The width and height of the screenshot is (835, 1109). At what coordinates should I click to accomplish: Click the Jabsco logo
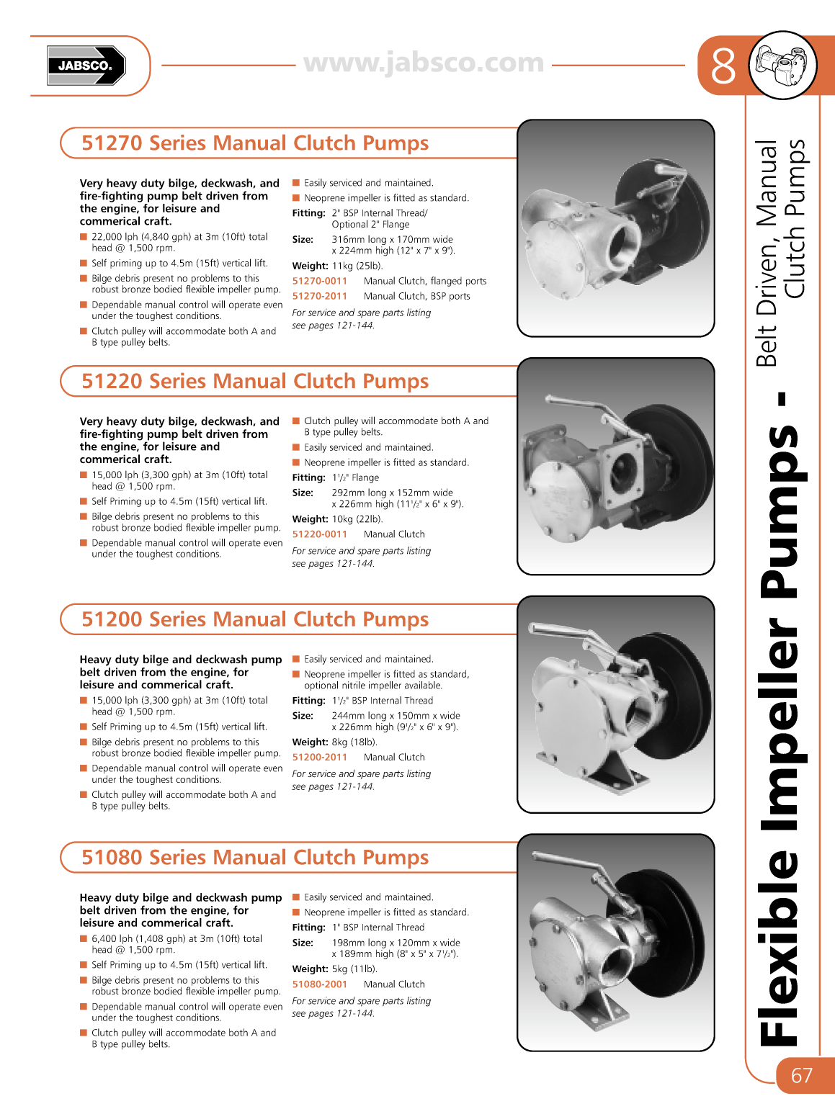[x=86, y=66]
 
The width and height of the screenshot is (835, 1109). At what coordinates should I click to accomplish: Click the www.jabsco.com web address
[x=424, y=63]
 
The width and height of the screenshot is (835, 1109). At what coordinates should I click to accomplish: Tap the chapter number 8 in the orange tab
[x=723, y=66]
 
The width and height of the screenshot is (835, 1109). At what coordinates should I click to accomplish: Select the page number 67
[x=801, y=1075]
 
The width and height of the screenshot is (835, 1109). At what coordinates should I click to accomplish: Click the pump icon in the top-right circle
[x=782, y=66]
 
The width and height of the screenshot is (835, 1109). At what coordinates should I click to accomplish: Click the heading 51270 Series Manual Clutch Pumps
[x=255, y=143]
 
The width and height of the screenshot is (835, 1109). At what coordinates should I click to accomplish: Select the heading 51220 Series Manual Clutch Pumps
[x=255, y=382]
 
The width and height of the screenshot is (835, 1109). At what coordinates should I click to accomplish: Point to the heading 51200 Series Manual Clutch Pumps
[x=255, y=619]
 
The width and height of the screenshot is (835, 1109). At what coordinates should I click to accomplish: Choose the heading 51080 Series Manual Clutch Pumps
[x=255, y=858]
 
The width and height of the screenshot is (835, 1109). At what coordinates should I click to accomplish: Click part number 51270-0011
[x=319, y=281]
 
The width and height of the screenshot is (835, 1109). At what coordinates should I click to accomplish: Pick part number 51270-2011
[x=319, y=296]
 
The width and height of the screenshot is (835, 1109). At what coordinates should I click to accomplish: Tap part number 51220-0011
[x=319, y=534]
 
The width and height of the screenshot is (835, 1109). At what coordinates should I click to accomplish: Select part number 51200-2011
[x=319, y=758]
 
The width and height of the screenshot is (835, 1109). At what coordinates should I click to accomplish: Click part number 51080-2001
[x=319, y=984]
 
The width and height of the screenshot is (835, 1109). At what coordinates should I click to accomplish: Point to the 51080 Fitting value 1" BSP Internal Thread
[x=378, y=928]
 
